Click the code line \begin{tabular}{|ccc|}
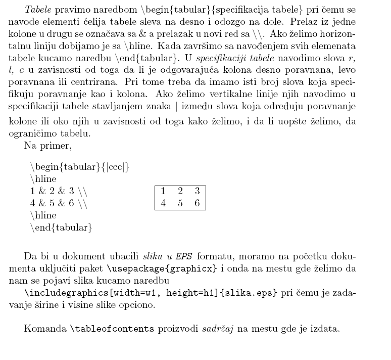pyautogui.click(x=80, y=167)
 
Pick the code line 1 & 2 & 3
pyautogui.click(x=58, y=192)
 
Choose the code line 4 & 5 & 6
pyautogui.click(x=58, y=204)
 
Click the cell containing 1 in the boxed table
pyautogui.click(x=163, y=191)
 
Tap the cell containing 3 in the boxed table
pyautogui.click(x=197, y=191)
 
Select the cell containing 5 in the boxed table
pyautogui.click(x=180, y=204)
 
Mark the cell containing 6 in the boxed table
pyautogui.click(x=197, y=204)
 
